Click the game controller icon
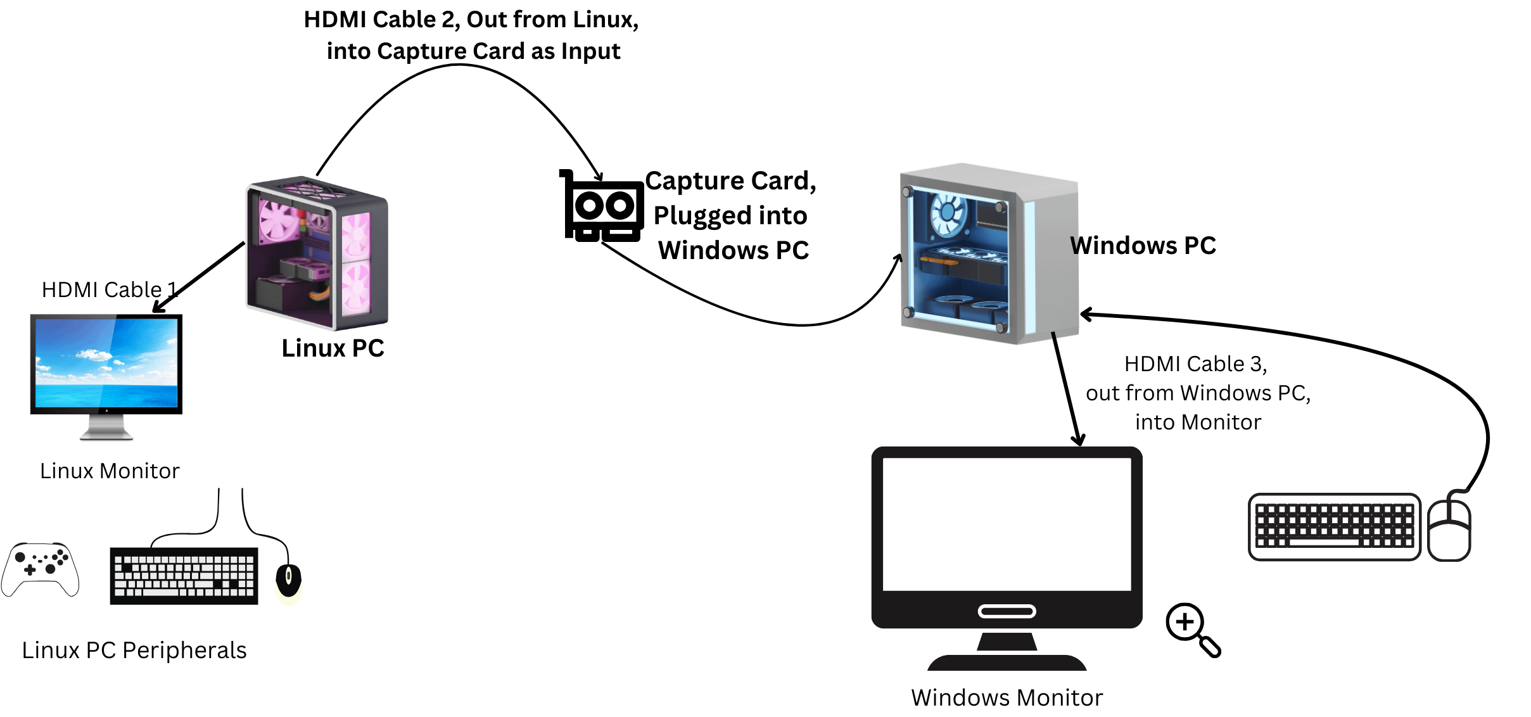40,568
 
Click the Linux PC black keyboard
184,576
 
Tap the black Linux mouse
288,579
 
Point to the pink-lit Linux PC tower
317,253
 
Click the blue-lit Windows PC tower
988,253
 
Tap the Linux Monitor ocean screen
106,362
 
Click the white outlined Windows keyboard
1334,526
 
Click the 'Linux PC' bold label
333,348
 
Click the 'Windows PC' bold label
1143,246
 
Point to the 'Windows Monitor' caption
1007,698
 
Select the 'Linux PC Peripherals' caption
134,650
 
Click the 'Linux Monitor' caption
110,471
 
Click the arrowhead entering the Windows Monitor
1078,441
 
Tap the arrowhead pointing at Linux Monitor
158,308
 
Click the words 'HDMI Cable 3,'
1195,364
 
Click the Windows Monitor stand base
1007,663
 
